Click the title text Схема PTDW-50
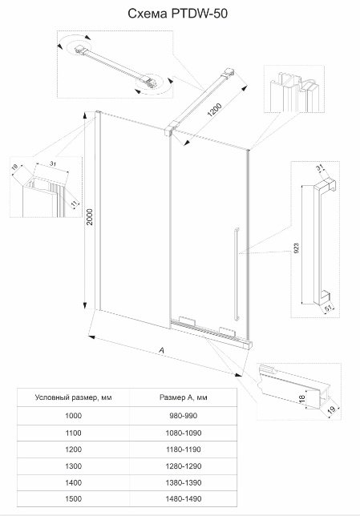[x=177, y=14]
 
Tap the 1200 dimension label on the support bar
[x=214, y=110]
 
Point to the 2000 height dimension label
[x=90, y=216]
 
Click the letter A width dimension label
[x=161, y=350]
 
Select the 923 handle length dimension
[x=296, y=248]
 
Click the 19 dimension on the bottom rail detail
[x=332, y=409]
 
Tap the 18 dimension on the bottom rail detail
[x=301, y=398]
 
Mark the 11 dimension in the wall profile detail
[x=75, y=203]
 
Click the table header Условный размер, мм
[x=74, y=397]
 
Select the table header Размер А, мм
[x=184, y=397]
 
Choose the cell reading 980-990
[x=184, y=416]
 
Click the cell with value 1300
[x=74, y=466]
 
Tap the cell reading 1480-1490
[x=184, y=499]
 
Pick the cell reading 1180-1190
[x=184, y=449]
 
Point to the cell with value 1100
[x=74, y=433]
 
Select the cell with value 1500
[x=74, y=499]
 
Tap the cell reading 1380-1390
[x=184, y=482]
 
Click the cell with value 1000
[x=74, y=416]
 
